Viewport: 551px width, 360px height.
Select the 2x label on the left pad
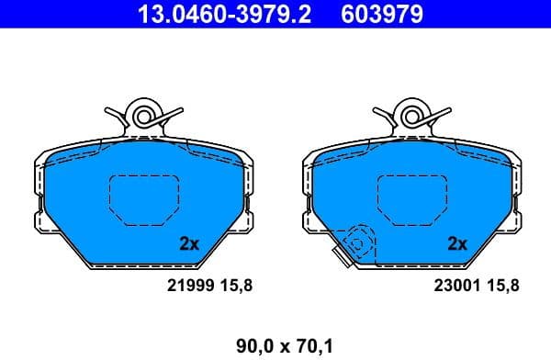pyautogui.click(x=189, y=244)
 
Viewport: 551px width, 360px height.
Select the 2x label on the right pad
pyautogui.click(x=456, y=244)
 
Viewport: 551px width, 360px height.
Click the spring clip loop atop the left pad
pyautogui.click(x=144, y=116)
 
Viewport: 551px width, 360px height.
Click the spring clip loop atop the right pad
pyautogui.click(x=412, y=116)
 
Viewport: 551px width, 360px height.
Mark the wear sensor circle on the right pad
pyautogui.click(x=356, y=242)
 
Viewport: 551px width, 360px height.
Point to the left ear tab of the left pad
pyautogui.click(x=39, y=219)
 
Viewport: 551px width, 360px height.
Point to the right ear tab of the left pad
pyautogui.click(x=248, y=219)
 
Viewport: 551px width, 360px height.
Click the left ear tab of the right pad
pyautogui.click(x=308, y=219)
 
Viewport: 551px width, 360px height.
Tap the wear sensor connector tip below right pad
pyautogui.click(x=344, y=261)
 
